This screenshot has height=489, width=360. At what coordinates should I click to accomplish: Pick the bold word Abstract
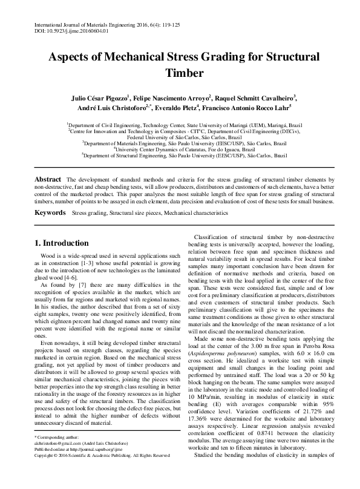(x=48, y=180)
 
